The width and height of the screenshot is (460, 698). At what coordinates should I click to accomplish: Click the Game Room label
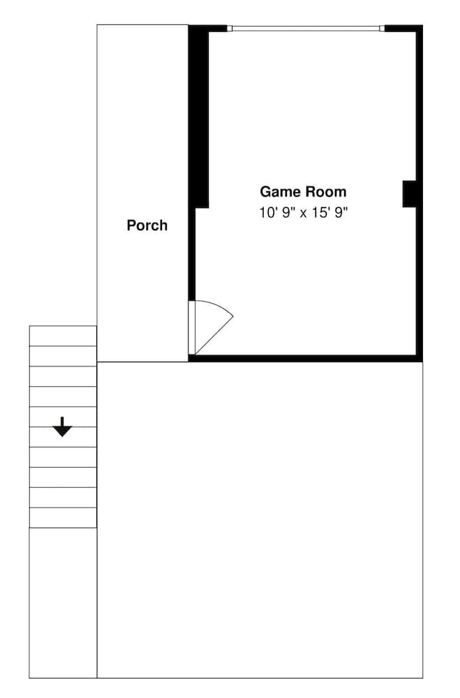pyautogui.click(x=303, y=192)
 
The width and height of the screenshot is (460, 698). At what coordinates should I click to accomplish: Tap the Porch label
pyautogui.click(x=147, y=225)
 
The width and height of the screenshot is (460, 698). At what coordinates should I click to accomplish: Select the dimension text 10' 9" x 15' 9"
pyautogui.click(x=303, y=213)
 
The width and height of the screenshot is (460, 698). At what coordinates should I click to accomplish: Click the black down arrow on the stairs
pyautogui.click(x=63, y=426)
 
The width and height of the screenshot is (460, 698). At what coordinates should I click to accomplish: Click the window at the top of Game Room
pyautogui.click(x=306, y=29)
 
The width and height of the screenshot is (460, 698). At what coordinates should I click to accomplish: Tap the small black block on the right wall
pyautogui.click(x=410, y=193)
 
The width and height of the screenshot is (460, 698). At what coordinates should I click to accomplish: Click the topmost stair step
pyautogui.click(x=63, y=336)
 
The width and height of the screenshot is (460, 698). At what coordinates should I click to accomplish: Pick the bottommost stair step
pyautogui.click(x=63, y=518)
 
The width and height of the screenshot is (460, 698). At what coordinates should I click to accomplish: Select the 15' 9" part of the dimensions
pyautogui.click(x=331, y=213)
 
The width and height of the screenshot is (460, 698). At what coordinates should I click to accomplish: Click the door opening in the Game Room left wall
pyautogui.click(x=191, y=328)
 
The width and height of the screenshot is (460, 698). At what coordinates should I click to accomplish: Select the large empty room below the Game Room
pyautogui.click(x=260, y=520)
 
